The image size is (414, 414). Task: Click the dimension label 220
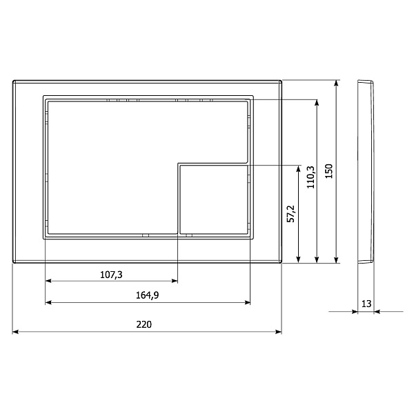pos(144,324)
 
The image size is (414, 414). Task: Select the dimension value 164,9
pos(148,295)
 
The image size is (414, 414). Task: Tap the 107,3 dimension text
pos(111,275)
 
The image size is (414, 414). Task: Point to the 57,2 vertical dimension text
pos(290,214)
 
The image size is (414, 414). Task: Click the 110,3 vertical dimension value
pos(310,177)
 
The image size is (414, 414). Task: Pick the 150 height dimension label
pos(328,171)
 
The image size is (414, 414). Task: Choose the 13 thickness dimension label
pos(366,304)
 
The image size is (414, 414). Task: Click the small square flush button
pos(214,199)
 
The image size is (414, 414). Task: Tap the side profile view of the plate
pos(366,171)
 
